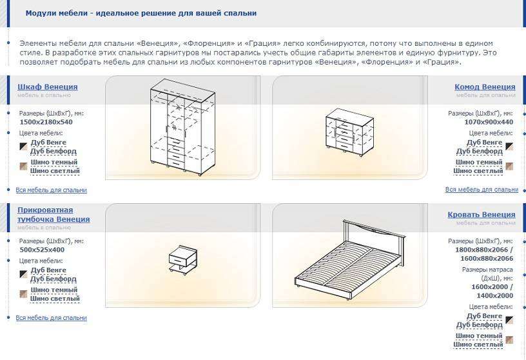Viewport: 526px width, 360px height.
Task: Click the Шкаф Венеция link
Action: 48,87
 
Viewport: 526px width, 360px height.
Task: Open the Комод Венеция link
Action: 485,87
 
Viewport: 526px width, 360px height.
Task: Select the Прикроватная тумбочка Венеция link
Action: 54,215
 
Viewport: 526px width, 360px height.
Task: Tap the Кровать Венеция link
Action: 482,215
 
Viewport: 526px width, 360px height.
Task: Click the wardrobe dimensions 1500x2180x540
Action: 46,122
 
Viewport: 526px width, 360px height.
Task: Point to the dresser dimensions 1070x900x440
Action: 489,122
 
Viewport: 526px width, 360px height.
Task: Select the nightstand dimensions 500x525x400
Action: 42,250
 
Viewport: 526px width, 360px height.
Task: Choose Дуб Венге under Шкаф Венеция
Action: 48,143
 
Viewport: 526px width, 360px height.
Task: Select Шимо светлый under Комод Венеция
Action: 478,171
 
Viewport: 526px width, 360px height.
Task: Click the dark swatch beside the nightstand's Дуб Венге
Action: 23,274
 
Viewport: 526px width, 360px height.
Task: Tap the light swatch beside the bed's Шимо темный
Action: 509,340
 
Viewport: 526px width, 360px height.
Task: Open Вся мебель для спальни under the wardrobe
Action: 52,190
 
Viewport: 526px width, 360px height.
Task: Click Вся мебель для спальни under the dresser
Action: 482,190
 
